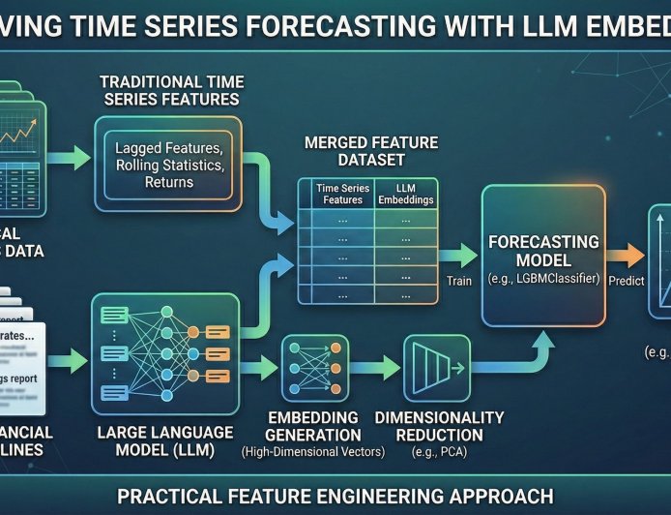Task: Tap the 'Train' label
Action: (x=459, y=282)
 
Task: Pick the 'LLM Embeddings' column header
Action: (x=405, y=194)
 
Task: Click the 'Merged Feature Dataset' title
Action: (x=371, y=152)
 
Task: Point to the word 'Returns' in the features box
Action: (x=169, y=182)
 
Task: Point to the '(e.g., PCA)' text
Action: (x=439, y=451)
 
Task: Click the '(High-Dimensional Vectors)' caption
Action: (x=313, y=452)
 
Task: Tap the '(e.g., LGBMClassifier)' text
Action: (x=542, y=279)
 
